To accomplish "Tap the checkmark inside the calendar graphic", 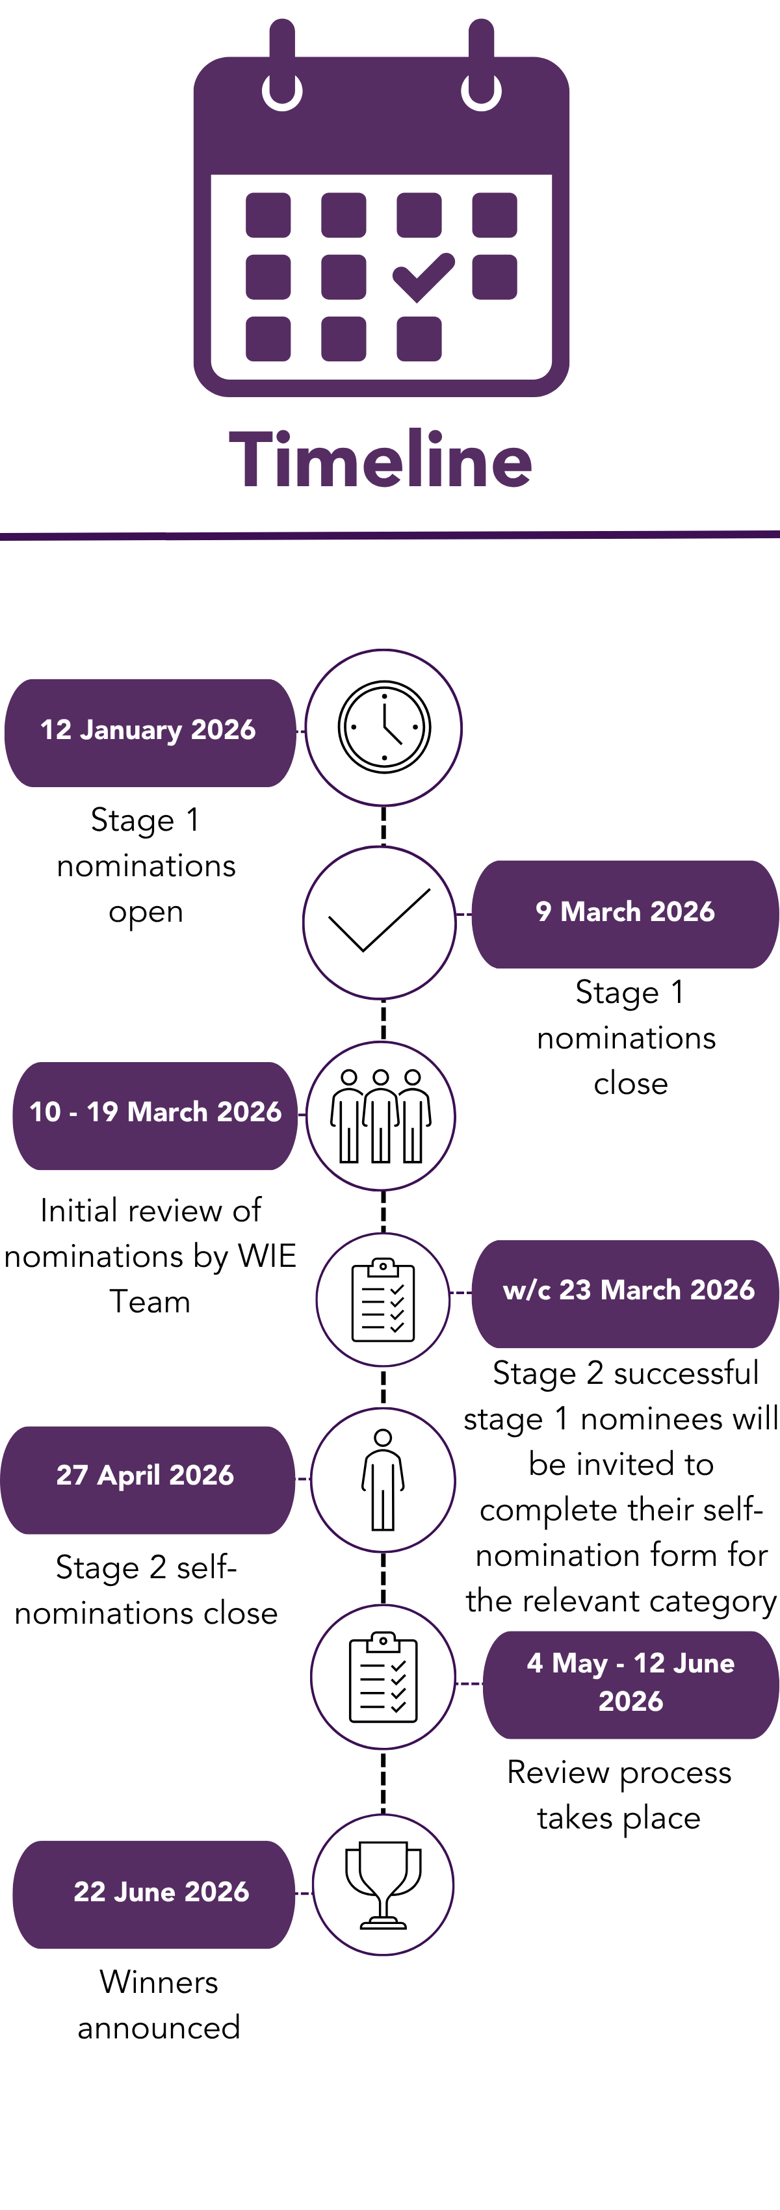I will pyautogui.click(x=422, y=277).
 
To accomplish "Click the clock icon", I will pyautogui.click(x=383, y=727).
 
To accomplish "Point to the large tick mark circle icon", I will pyautogui.click(x=379, y=922).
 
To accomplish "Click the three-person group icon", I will pyautogui.click(x=381, y=1116).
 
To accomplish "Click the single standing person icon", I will pyautogui.click(x=383, y=1480).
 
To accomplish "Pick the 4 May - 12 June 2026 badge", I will pyautogui.click(x=630, y=1683).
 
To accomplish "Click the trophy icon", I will pyautogui.click(x=383, y=1885).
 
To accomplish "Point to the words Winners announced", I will pyautogui.click(x=159, y=2005).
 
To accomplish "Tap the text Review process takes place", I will pyautogui.click(x=619, y=1795).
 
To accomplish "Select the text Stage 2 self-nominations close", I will pyautogui.click(x=146, y=1590).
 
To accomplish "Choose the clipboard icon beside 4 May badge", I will pyautogui.click(x=383, y=1677).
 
